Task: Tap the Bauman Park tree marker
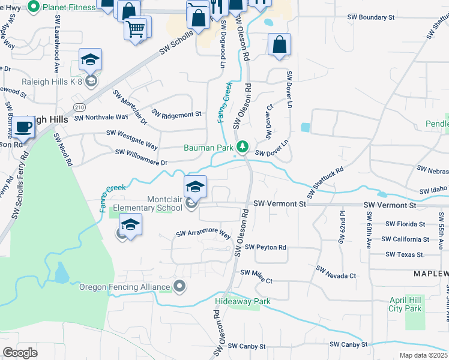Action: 243,146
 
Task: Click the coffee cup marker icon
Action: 24,127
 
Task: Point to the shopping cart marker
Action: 136,27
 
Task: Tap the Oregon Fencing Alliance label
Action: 125,287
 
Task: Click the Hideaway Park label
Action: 243,301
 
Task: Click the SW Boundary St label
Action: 371,17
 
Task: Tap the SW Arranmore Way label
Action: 203,233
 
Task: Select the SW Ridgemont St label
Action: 176,114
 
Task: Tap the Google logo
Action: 20,353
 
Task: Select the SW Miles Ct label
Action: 256,277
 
